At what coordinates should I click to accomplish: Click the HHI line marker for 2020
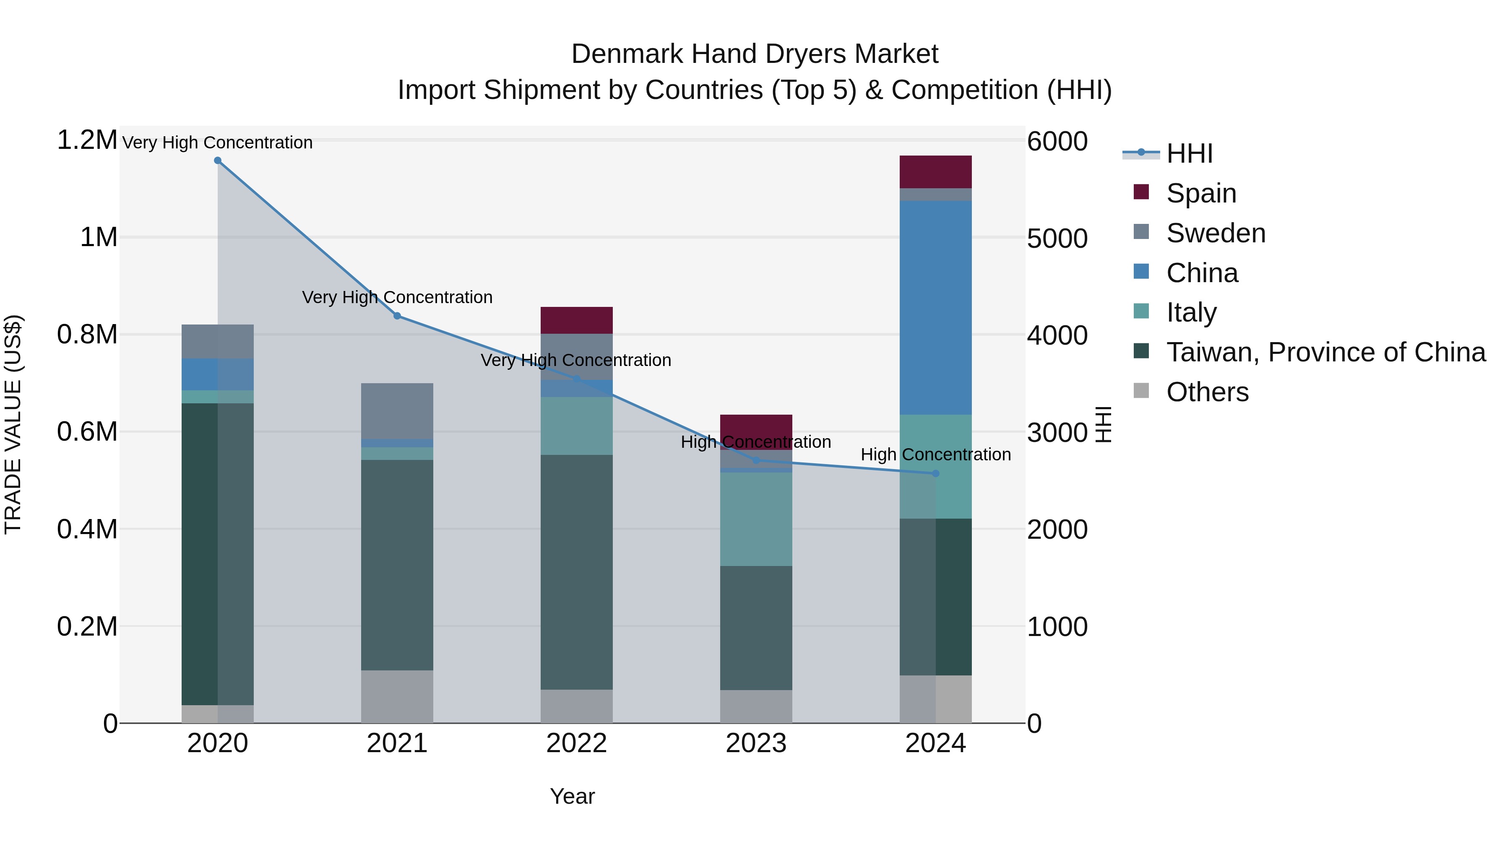217,161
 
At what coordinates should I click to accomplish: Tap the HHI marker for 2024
935,473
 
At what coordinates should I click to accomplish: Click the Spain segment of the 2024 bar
935,171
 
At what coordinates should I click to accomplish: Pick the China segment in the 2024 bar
935,308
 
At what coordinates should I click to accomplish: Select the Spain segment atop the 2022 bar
576,320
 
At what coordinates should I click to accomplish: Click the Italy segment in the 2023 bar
756,519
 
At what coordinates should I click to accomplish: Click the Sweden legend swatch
1141,232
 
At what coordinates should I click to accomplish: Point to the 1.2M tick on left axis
87,140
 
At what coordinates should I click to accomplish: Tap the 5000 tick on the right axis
1057,239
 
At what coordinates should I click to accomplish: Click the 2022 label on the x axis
576,743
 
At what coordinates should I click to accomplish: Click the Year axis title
572,796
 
